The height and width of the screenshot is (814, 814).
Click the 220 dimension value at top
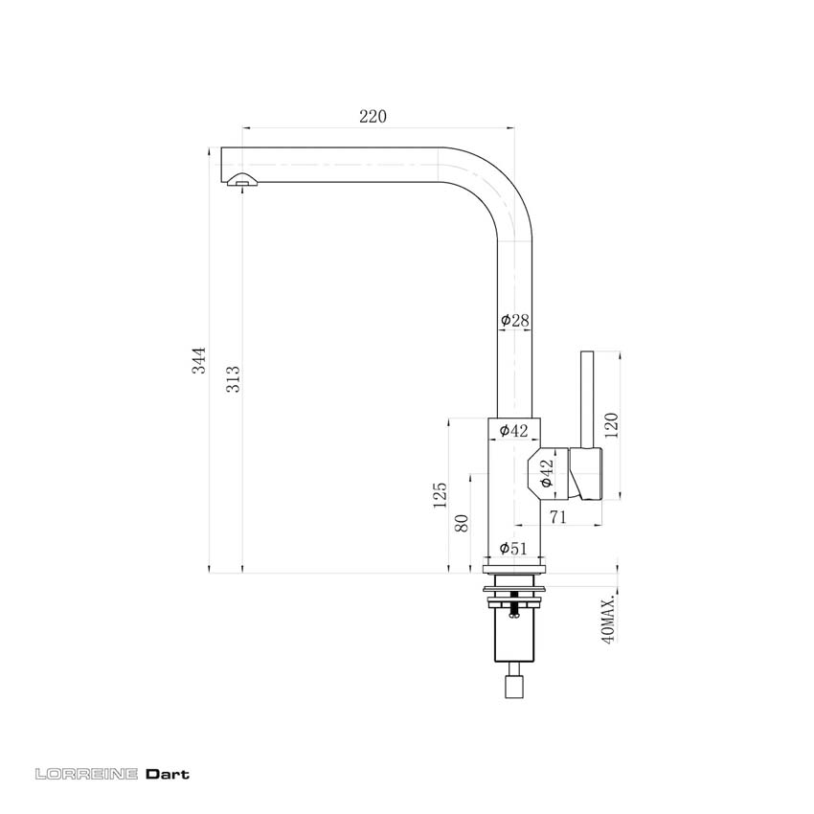pyautogui.click(x=373, y=117)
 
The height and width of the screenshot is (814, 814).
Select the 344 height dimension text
pyautogui.click(x=198, y=359)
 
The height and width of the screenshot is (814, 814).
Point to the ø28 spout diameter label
pyautogui.click(x=515, y=321)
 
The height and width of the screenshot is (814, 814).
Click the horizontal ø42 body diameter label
pyautogui.click(x=514, y=431)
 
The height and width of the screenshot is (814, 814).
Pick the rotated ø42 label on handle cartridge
pyautogui.click(x=546, y=474)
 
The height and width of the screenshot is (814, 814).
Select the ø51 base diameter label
pyautogui.click(x=514, y=549)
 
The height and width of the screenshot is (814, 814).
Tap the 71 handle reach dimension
pyautogui.click(x=557, y=517)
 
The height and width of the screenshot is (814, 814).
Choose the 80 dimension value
pyautogui.click(x=463, y=524)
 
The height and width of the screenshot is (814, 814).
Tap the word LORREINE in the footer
pyautogui.click(x=86, y=774)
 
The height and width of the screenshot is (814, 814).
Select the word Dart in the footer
pyautogui.click(x=168, y=774)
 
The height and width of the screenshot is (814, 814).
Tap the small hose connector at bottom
pyautogui.click(x=515, y=687)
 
